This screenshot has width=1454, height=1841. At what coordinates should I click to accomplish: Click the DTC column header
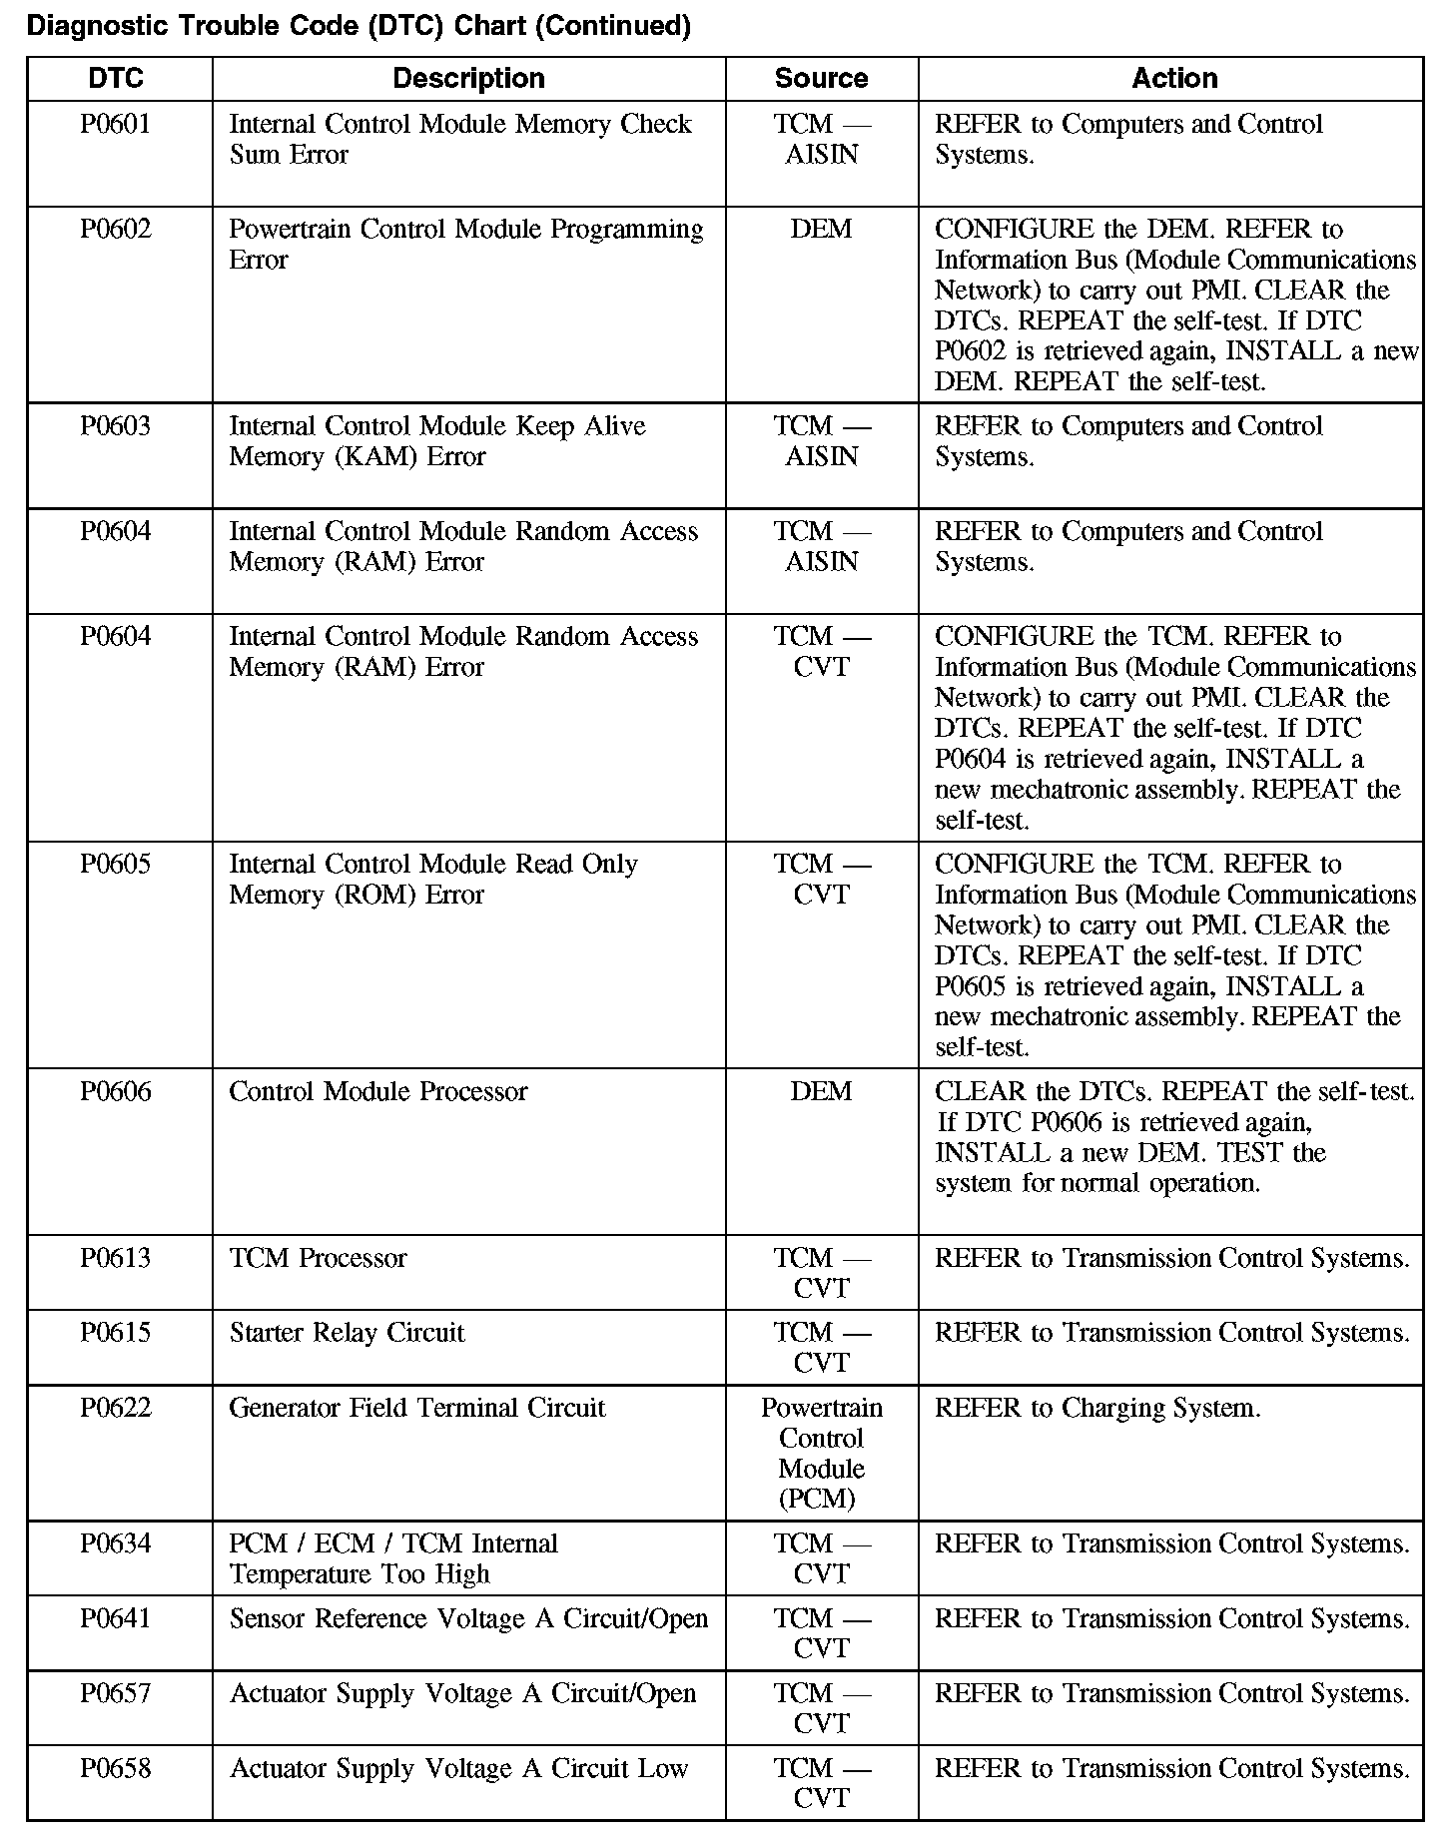[x=116, y=79]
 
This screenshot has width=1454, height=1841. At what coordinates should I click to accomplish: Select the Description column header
[x=468, y=79]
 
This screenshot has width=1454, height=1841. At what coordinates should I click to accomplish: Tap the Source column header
[x=821, y=79]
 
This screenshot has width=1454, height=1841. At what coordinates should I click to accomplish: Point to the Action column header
[x=1174, y=79]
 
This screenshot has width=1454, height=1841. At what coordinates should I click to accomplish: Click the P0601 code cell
[x=116, y=125]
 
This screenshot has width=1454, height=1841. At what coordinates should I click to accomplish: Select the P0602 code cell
[x=116, y=230]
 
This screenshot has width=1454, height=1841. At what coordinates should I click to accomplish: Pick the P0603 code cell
[x=116, y=426]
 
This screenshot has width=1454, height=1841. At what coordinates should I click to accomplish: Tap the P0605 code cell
[x=116, y=865]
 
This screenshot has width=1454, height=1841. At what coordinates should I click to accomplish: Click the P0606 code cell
[x=116, y=1092]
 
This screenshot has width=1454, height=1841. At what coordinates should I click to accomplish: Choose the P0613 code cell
[x=116, y=1259]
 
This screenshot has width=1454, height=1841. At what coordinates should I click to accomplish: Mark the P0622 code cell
[x=116, y=1409]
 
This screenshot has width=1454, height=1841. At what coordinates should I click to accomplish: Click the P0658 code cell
[x=116, y=1769]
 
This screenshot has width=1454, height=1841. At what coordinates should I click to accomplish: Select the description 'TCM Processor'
[x=319, y=1259]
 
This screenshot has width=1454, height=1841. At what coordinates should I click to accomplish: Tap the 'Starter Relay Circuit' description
[x=347, y=1334]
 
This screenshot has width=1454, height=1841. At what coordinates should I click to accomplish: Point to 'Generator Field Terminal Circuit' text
[x=417, y=1409]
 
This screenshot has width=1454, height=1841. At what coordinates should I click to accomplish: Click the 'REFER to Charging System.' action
[x=1097, y=1409]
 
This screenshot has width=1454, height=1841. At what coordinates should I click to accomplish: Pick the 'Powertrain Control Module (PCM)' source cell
[x=821, y=1454]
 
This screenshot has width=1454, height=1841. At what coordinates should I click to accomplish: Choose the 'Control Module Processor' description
[x=377, y=1092]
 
